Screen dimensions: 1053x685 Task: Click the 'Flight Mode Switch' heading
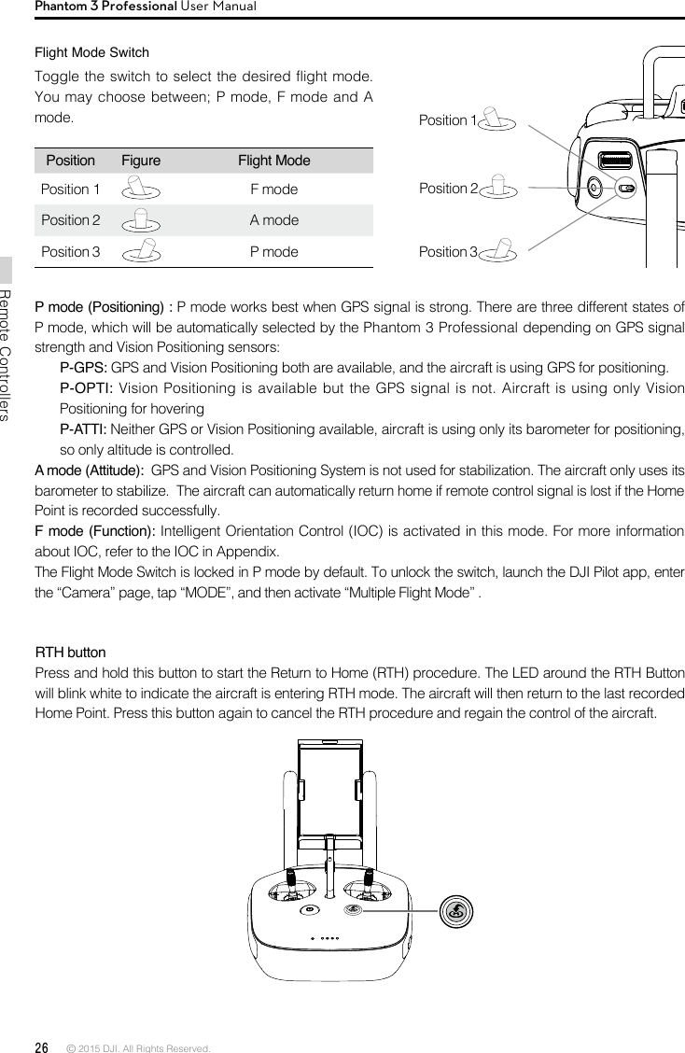[91, 51]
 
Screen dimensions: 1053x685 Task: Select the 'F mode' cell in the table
[274, 190]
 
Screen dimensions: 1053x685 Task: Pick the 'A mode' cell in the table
[274, 220]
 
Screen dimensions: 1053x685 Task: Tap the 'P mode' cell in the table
[274, 252]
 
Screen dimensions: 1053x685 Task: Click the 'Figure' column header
[141, 161]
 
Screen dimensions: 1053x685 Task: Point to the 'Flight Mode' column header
[274, 161]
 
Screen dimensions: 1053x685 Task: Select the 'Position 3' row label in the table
[71, 252]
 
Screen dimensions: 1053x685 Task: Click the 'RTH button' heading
[70, 652]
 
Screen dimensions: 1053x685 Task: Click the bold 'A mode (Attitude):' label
[89, 470]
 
